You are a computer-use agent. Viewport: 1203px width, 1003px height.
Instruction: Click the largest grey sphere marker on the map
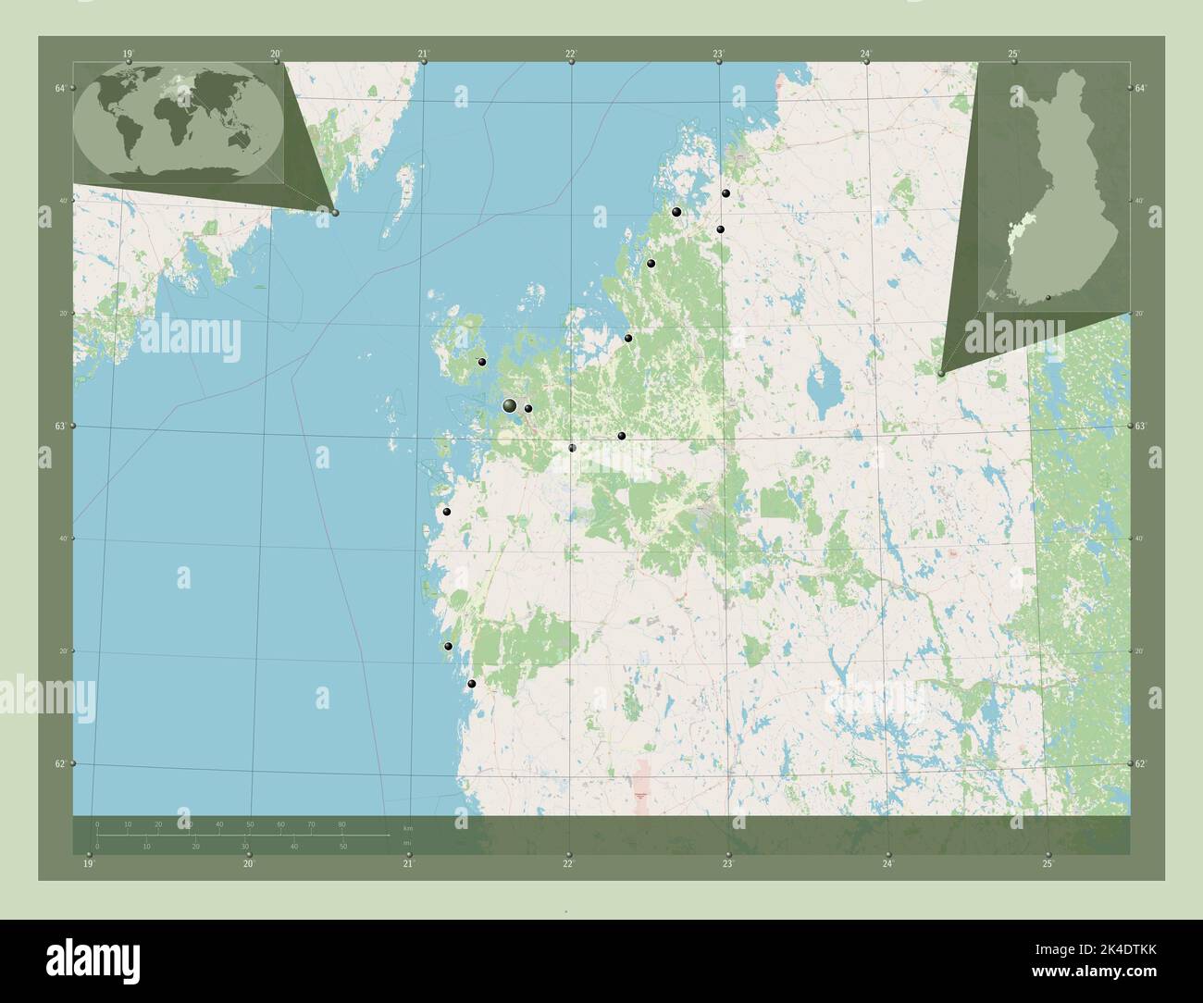click(x=509, y=405)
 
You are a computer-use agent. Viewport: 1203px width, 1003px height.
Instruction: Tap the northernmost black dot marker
click(x=726, y=193)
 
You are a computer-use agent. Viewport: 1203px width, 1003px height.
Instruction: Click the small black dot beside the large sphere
click(x=527, y=408)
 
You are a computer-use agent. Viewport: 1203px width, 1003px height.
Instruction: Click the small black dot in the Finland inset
click(x=1048, y=298)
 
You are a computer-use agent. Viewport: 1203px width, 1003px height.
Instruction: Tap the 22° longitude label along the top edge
click(x=571, y=53)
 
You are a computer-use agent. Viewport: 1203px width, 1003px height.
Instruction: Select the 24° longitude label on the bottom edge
click(x=887, y=864)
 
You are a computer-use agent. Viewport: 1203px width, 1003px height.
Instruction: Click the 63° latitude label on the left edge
click(x=60, y=427)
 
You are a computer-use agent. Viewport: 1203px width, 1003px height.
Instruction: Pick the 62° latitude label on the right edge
click(x=1140, y=763)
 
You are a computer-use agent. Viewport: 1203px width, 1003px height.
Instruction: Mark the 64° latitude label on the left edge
click(x=60, y=88)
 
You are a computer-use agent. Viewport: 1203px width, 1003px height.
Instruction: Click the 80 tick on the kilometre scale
click(x=341, y=824)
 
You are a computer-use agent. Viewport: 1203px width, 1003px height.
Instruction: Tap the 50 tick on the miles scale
click(x=342, y=847)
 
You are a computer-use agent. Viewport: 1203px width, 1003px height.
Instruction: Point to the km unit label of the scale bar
click(x=407, y=825)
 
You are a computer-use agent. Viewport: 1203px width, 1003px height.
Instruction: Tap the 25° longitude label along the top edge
click(x=1013, y=53)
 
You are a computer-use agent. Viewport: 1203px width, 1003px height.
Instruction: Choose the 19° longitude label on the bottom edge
click(x=88, y=864)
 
